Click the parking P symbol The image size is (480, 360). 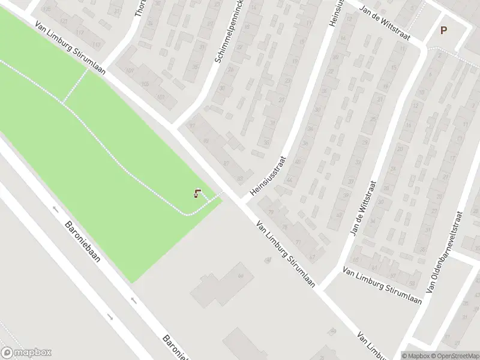click(x=443, y=31)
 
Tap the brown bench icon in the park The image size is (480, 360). click(x=197, y=193)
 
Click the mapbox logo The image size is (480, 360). click(x=26, y=353)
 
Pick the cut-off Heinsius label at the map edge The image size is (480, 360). click(x=334, y=12)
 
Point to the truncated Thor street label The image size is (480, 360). click(x=141, y=8)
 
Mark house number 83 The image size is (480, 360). click(x=240, y=178)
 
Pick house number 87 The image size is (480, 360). click(x=226, y=163)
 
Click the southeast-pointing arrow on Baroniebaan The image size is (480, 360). click(x=109, y=316)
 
